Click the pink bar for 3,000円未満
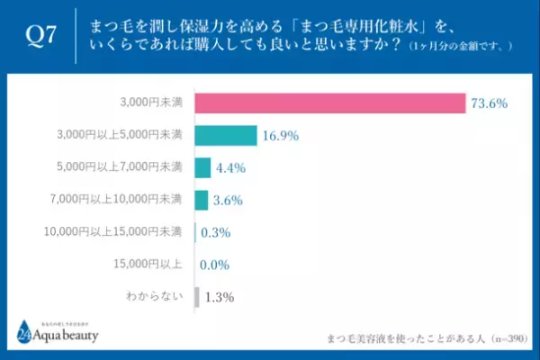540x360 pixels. click(330, 103)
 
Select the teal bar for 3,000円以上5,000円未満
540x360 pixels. click(226, 136)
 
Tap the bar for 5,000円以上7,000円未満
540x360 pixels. click(202, 167)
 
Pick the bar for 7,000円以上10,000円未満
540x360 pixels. click(201, 200)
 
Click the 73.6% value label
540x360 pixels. click(491, 104)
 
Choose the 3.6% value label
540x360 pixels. click(229, 201)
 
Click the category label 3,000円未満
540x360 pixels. click(155, 103)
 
